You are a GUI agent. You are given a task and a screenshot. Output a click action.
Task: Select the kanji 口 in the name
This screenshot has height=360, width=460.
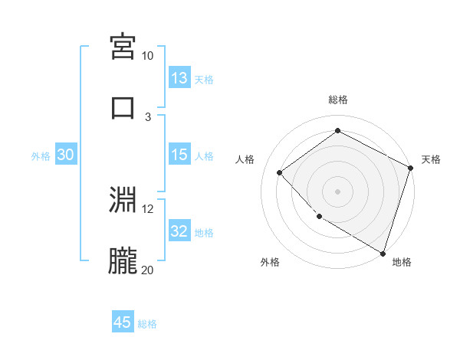(x=123, y=107)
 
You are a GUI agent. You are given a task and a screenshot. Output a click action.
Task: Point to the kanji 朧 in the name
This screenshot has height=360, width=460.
(x=123, y=261)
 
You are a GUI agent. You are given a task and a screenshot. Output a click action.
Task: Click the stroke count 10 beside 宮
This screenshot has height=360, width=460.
(x=148, y=56)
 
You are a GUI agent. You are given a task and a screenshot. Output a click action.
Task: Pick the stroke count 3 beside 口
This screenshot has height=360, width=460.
(x=148, y=116)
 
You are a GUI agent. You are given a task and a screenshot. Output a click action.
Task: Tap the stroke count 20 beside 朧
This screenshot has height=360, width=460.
(x=148, y=270)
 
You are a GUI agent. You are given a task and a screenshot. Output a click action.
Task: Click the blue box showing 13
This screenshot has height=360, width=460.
(x=179, y=78)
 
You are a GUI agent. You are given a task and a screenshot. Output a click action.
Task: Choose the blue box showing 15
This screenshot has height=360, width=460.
(x=179, y=155)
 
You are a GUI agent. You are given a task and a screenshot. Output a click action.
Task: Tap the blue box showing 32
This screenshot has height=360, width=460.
(x=179, y=231)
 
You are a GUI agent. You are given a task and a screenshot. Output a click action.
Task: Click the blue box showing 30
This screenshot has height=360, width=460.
(x=65, y=155)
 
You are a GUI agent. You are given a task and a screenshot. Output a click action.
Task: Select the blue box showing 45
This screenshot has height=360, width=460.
(x=123, y=322)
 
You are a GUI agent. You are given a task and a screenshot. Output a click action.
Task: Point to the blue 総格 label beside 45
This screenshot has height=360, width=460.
(x=147, y=324)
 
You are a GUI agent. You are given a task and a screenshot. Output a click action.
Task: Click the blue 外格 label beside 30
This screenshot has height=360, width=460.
(x=41, y=156)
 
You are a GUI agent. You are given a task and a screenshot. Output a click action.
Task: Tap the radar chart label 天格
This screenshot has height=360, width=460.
(x=432, y=159)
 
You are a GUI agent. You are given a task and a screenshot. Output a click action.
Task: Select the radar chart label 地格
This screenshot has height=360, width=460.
(x=402, y=262)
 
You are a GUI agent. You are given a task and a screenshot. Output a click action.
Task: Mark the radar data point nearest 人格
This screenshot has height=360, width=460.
(x=280, y=173)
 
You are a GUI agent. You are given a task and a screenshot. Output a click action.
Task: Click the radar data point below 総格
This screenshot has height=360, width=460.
(x=337, y=131)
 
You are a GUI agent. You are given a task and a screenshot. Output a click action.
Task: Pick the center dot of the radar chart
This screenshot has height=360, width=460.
(x=337, y=191)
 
